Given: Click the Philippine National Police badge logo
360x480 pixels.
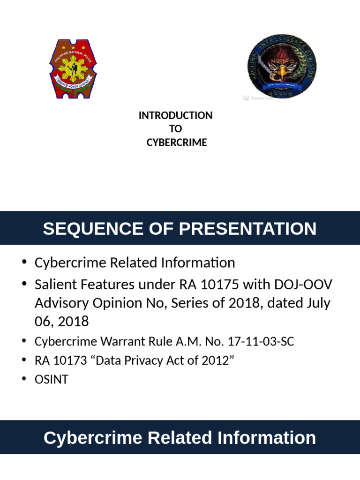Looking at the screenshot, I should (x=73, y=68).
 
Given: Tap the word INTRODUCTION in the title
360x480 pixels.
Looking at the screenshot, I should (x=176, y=115).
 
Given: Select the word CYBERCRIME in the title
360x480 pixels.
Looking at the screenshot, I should (x=176, y=142).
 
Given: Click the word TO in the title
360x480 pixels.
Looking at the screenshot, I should (x=176, y=129).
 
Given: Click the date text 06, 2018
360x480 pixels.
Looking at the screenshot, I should (x=62, y=322).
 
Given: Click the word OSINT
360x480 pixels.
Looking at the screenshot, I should (x=52, y=379).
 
